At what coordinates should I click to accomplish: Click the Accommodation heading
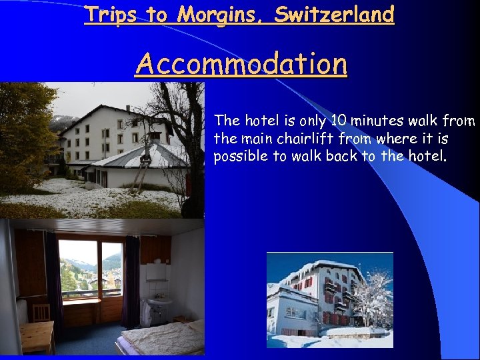tap(241, 64)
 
